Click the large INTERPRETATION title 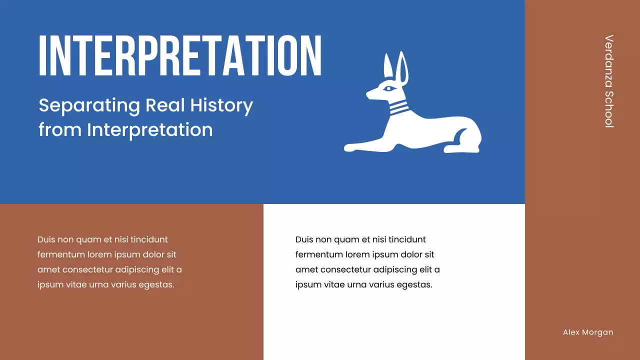180,55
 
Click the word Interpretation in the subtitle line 149,130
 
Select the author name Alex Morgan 587,332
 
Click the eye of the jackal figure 388,89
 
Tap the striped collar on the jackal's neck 398,107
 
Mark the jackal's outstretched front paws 355,147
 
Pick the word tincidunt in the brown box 148,240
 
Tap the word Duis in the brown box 46,240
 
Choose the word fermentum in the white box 319,255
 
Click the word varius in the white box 380,285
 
